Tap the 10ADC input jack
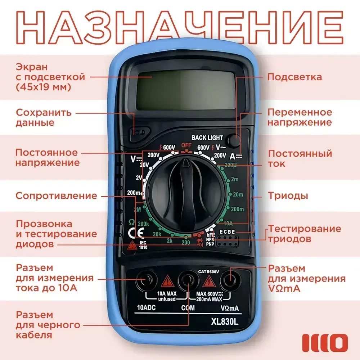point(147,279)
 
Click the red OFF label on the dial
point(186,145)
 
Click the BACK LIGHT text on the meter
point(207,138)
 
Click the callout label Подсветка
point(294,77)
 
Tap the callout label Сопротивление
point(56,196)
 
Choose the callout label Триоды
point(288,196)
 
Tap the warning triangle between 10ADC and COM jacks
point(166,281)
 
